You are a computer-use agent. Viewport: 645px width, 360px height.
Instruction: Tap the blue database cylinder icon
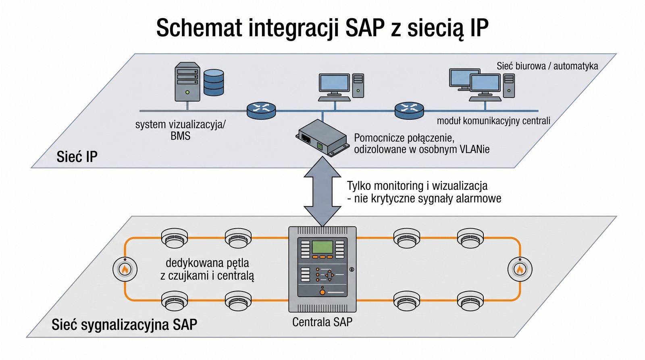coord(214,82)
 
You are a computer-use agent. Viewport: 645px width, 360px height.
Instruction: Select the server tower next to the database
coord(187,82)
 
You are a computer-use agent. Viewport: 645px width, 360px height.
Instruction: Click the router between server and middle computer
coord(261,110)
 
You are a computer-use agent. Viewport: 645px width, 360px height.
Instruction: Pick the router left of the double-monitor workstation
coord(409,110)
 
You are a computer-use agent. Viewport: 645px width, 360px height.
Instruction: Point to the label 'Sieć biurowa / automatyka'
coord(547,66)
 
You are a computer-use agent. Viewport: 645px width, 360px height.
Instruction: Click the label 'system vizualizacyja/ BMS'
coord(180,130)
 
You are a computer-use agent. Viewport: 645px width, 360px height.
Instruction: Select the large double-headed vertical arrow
coord(322,191)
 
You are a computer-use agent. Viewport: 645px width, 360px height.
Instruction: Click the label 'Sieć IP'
coord(77,156)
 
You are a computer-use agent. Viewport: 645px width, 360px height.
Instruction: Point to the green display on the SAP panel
coord(322,246)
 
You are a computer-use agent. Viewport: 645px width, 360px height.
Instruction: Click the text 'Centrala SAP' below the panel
coord(322,322)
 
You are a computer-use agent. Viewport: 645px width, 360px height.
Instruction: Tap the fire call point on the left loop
coord(125,269)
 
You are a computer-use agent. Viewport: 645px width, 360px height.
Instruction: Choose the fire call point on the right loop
coord(520,269)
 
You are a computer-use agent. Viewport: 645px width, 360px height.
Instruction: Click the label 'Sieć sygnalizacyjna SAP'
coord(124,325)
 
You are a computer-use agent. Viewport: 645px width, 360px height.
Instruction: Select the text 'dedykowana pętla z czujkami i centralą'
coord(207,269)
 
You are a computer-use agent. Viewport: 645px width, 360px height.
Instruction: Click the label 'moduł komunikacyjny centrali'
coord(493,121)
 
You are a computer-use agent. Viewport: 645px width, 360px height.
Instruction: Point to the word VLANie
coord(474,149)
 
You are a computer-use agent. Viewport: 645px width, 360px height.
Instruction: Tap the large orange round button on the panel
coord(322,292)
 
